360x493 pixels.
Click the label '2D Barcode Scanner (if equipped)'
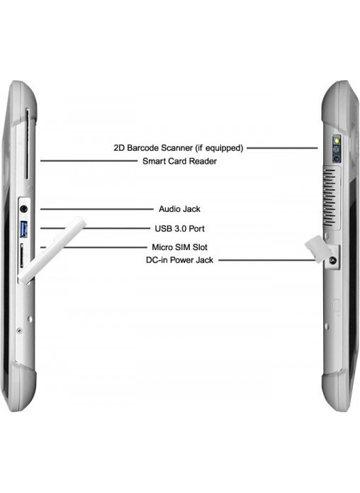179,148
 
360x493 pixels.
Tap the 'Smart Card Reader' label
179,161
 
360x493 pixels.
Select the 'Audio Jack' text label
179,209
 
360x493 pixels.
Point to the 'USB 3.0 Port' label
179,229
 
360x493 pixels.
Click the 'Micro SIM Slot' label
179,247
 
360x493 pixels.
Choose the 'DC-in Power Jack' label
179,260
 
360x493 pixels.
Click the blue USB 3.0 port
24,229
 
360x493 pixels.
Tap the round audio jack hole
23,209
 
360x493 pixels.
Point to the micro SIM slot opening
22,256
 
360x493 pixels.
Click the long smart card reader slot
27,144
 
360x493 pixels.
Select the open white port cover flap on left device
51,249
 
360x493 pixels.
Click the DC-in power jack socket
332,261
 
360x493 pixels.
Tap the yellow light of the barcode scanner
337,140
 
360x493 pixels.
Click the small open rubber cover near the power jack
317,249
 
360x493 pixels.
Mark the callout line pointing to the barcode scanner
282,148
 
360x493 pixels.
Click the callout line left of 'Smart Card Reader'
89,161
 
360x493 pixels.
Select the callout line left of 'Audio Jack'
97,209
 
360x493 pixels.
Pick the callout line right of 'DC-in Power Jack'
267,261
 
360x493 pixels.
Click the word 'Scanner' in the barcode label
177,148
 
